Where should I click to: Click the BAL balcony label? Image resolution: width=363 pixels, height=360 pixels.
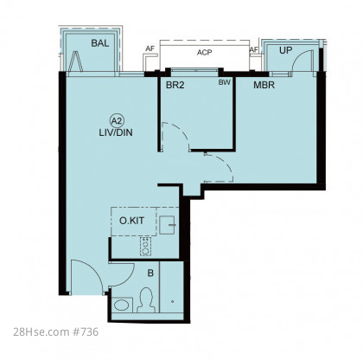100,43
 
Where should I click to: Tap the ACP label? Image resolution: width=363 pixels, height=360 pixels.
205,53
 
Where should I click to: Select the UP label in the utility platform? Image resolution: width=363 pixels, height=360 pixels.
285,50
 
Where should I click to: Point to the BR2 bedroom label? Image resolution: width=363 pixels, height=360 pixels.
175,85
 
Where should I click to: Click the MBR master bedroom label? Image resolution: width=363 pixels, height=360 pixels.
264,85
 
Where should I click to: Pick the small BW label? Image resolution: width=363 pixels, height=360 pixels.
224,82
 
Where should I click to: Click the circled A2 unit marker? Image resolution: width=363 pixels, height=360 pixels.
117,121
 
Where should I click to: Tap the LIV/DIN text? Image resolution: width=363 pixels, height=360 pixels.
116,132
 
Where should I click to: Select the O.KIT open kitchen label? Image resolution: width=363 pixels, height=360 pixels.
131,221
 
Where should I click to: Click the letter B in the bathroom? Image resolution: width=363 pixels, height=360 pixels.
150,273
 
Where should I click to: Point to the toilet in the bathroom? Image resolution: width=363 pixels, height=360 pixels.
145,300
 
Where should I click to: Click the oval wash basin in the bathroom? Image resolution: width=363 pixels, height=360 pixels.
122,305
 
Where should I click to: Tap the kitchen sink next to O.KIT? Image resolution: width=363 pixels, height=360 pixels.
168,225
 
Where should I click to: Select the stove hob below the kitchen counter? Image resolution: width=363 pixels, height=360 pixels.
145,247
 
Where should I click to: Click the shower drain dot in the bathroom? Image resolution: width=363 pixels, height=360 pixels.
172,302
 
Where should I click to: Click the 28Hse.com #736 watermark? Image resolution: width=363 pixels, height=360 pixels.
55,331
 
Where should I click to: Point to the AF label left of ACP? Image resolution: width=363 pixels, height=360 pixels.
150,48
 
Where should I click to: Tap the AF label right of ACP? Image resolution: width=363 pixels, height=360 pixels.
253,50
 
